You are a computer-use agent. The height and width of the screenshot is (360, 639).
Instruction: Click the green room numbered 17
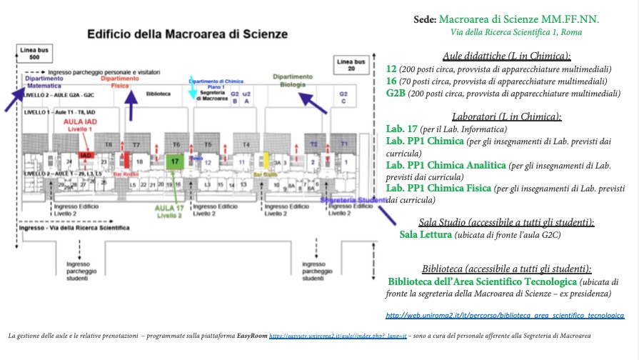(x=176, y=162)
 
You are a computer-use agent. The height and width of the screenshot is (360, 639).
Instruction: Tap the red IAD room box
(x=84, y=155)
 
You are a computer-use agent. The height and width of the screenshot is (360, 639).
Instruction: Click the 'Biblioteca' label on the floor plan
(x=159, y=94)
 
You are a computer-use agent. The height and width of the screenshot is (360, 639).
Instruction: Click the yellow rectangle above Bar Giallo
(x=266, y=159)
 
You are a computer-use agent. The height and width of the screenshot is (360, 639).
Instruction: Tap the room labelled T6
(x=176, y=144)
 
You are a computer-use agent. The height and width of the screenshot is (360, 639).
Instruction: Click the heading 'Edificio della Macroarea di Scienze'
(x=186, y=34)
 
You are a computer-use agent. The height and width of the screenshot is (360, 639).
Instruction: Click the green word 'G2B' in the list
(x=396, y=92)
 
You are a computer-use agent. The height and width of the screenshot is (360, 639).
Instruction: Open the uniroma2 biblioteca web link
(x=505, y=314)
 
